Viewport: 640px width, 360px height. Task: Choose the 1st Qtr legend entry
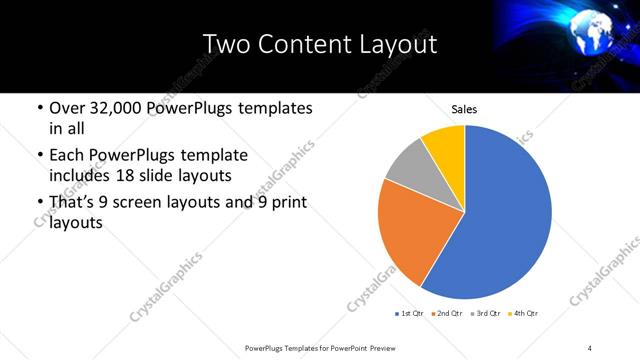click(410, 314)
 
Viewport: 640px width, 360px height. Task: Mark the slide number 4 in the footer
click(590, 347)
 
